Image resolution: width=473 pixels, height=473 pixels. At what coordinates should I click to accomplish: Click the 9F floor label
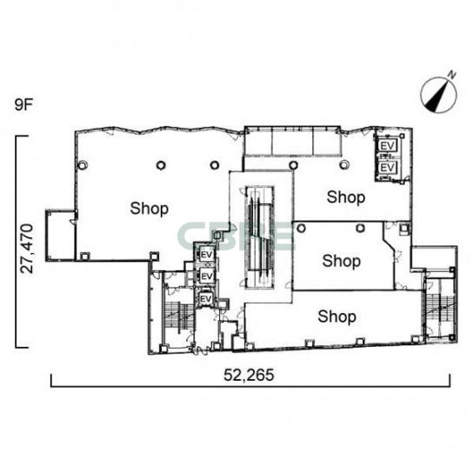pos(23,104)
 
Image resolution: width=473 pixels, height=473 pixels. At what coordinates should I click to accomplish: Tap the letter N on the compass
pos(451,74)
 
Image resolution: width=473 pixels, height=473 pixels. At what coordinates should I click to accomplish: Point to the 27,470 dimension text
pos(27,249)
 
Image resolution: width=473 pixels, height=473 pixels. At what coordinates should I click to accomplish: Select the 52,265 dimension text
pos(249,375)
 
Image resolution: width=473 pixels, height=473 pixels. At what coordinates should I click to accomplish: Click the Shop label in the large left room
pos(149,209)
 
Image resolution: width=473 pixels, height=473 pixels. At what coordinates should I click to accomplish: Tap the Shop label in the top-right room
pos(346,197)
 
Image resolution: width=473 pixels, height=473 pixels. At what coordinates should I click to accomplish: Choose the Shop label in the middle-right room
pos(341,261)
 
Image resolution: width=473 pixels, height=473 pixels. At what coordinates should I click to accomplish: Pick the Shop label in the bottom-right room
pos(336,316)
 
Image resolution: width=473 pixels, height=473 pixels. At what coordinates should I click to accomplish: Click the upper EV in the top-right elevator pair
pos(387,146)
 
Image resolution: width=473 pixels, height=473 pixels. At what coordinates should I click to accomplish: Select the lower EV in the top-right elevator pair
pos(387,167)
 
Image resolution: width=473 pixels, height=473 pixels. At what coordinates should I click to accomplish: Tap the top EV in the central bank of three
pos(207,255)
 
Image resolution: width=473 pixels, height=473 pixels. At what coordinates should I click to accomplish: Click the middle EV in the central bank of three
pos(207,276)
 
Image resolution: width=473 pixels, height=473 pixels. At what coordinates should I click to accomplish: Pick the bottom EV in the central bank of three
pos(206,299)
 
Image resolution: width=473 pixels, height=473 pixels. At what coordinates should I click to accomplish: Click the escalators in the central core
pos(259,236)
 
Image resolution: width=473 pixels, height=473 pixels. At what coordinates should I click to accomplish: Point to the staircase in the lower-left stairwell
pos(179,316)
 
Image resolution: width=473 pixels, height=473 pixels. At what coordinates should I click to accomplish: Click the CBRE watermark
pos(236,236)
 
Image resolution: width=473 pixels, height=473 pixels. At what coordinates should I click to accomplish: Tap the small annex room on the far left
pos(60,236)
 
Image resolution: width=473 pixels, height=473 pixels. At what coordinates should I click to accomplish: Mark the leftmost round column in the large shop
pos(83,165)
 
